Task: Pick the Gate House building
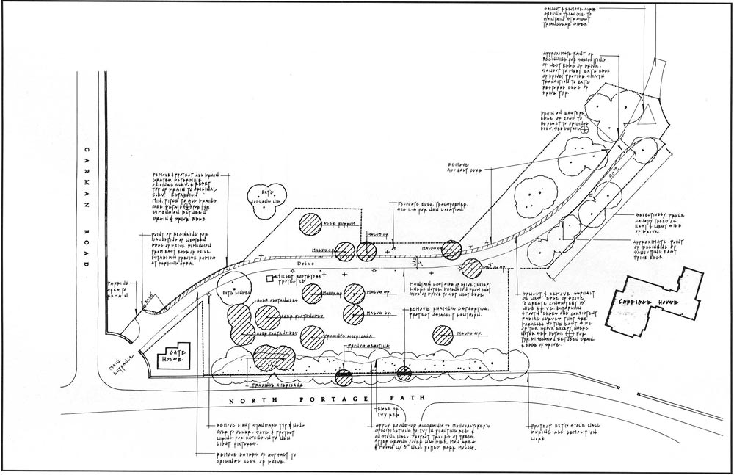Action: (x=172, y=357)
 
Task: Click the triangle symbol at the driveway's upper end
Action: (x=649, y=115)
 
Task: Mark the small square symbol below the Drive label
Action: (x=269, y=278)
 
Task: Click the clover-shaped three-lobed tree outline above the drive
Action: (x=265, y=198)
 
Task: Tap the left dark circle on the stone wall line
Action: (x=343, y=377)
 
